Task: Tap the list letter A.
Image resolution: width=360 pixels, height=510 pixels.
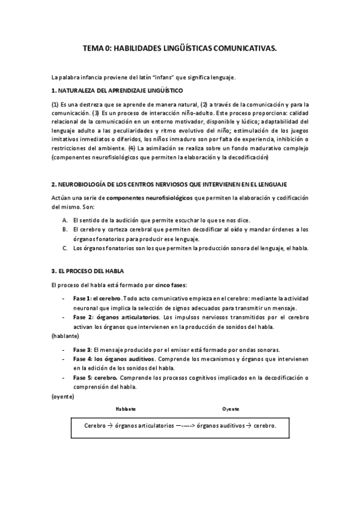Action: (x=64, y=220)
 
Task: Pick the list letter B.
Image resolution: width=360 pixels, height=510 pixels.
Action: (x=64, y=229)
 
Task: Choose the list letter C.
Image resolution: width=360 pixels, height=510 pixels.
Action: (x=64, y=248)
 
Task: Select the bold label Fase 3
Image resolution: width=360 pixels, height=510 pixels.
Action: (x=82, y=349)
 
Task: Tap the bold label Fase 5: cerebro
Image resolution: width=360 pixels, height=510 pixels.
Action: (x=96, y=378)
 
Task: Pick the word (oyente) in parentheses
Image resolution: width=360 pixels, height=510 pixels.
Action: (x=63, y=397)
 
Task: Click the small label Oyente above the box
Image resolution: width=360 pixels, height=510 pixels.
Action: (x=231, y=409)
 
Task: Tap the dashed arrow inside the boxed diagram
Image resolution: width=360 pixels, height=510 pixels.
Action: (x=186, y=425)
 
